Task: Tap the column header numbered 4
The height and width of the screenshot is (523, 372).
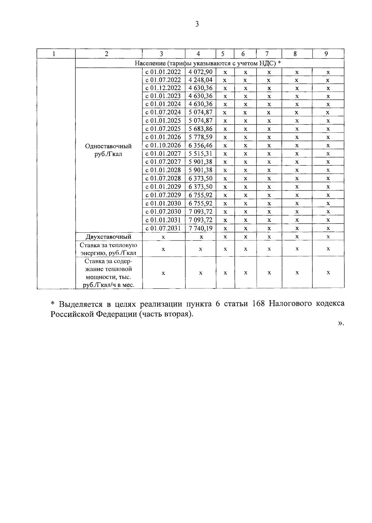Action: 198,54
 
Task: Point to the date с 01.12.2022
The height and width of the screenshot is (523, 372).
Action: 163,88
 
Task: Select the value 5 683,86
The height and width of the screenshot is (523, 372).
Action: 200,129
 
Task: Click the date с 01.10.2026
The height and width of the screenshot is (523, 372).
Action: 163,145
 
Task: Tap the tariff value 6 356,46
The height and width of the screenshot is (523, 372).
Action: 200,145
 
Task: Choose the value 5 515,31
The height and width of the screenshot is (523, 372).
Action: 200,153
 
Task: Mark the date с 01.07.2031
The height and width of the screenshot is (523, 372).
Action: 163,228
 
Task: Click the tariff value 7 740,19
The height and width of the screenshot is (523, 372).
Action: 200,228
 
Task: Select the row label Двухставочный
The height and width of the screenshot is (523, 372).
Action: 108,237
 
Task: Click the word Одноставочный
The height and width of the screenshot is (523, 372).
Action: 108,146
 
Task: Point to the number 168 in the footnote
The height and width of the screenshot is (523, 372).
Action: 258,304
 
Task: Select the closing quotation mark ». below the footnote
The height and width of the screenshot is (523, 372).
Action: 341,323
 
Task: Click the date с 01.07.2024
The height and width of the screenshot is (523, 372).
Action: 163,112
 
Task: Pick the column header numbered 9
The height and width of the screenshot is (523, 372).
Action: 326,54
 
